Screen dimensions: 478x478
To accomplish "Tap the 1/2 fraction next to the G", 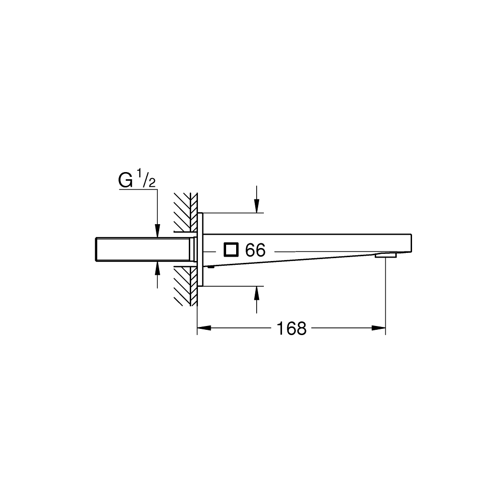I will coord(146,180).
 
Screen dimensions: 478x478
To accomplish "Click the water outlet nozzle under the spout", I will coord(386,256).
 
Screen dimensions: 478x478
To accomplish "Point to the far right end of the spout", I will coord(410,243).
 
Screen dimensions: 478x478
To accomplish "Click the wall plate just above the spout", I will coord(200,222).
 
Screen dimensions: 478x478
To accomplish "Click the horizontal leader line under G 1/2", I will coord(138,189).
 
